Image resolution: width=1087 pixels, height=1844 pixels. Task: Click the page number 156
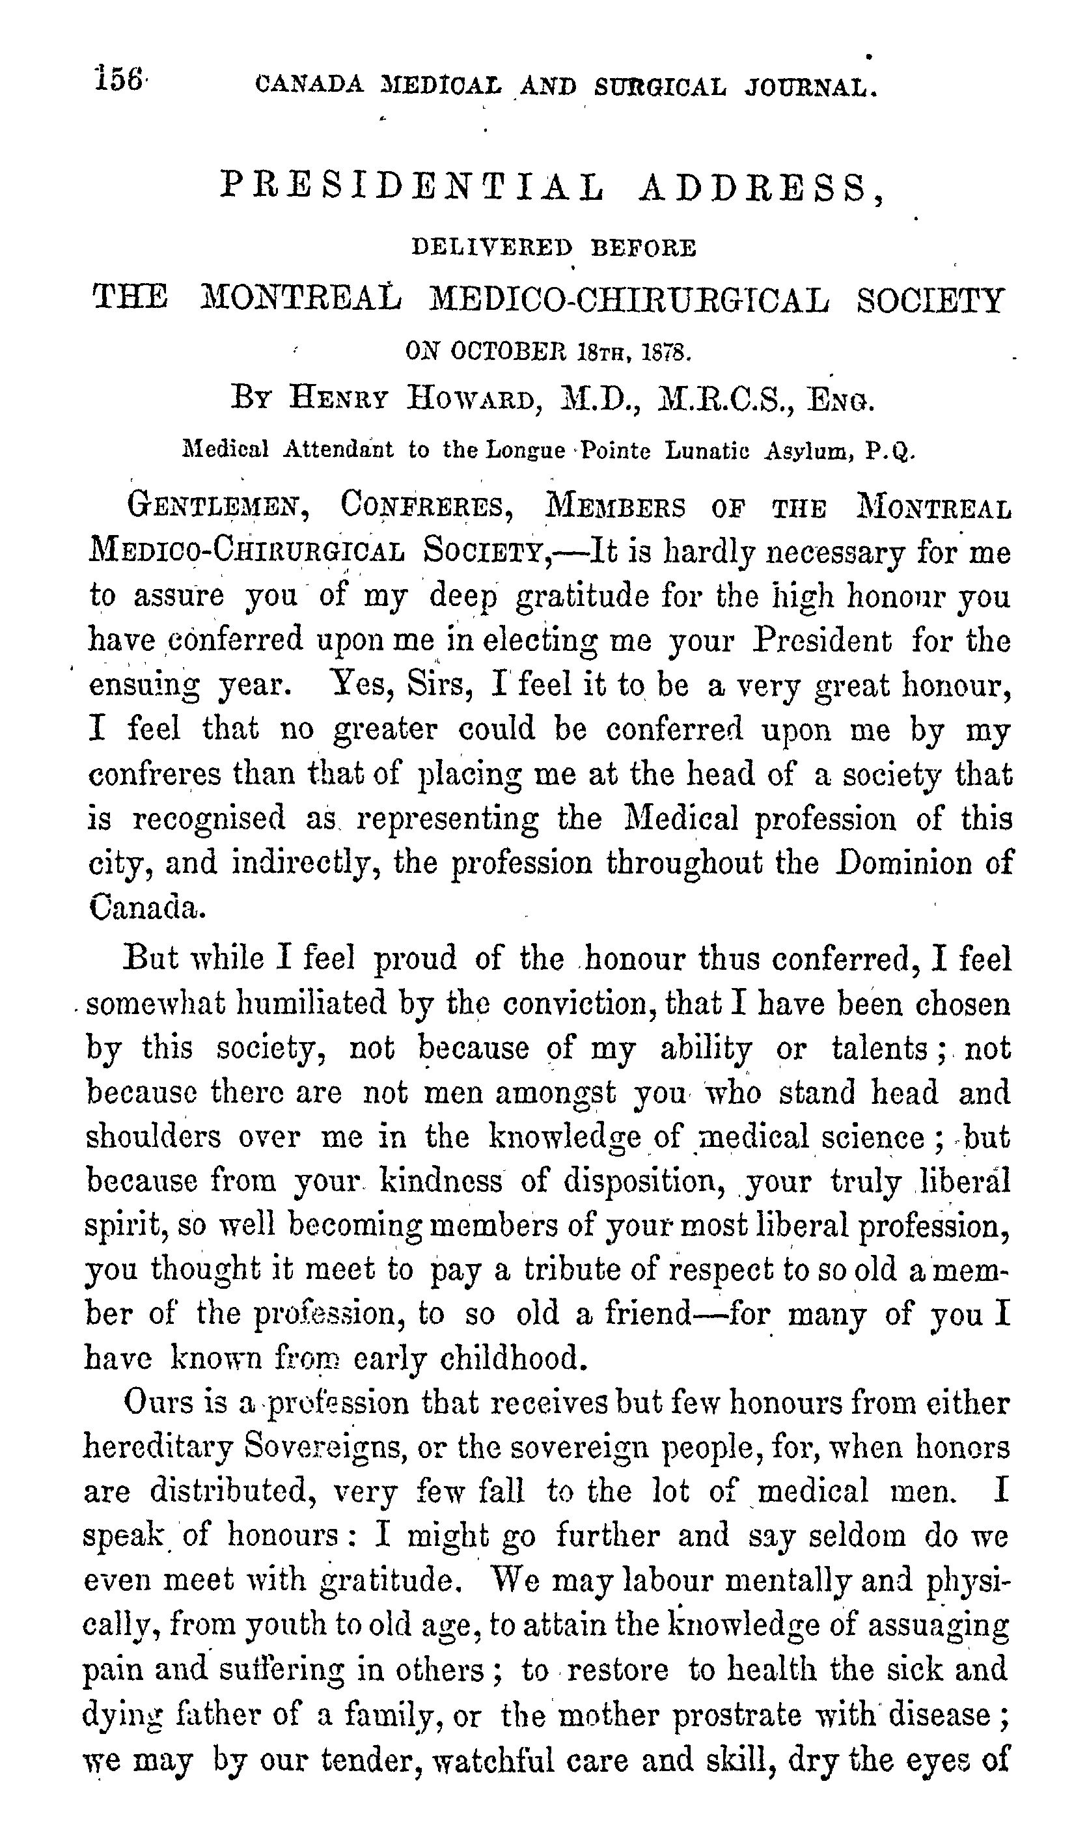[118, 79]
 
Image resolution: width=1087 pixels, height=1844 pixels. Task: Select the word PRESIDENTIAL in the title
[414, 187]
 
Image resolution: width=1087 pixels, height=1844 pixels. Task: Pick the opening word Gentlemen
[217, 505]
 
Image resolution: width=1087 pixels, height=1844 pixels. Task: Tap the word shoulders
[153, 1137]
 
